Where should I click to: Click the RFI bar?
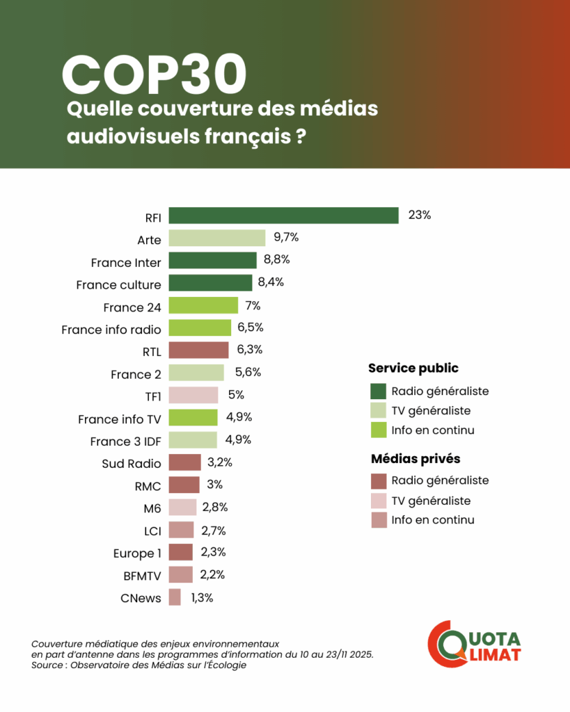283,216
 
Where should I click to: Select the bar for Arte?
217,238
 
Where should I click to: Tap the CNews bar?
175,597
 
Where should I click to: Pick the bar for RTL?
198,350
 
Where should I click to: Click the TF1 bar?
193,395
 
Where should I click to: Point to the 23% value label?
420,216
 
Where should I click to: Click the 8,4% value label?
271,282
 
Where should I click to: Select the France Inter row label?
126,263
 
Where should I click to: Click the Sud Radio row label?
132,464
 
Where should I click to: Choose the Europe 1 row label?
137,553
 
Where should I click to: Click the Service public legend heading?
413,369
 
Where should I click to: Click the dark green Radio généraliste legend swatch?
379,391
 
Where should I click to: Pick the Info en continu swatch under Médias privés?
379,520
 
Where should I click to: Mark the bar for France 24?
203,305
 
